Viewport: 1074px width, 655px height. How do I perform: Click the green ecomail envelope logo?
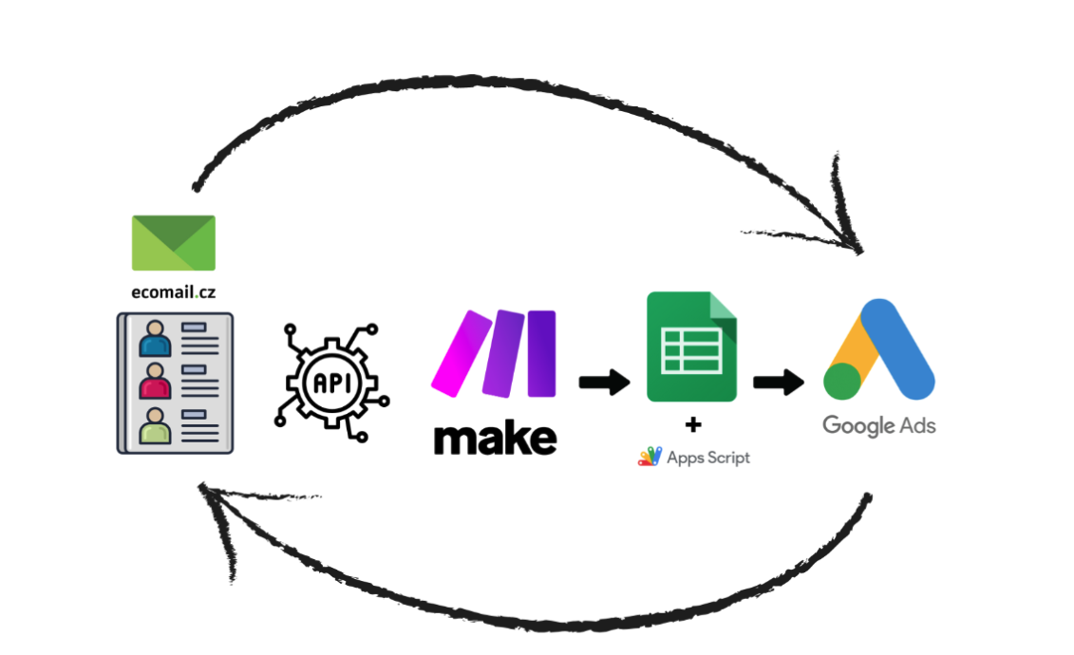(173, 242)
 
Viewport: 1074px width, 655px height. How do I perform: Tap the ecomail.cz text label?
(173, 292)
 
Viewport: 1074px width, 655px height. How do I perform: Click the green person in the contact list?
(154, 425)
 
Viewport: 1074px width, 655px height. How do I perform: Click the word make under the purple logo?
(495, 438)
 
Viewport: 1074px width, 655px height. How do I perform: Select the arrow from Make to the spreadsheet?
(604, 383)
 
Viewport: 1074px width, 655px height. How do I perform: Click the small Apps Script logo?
(650, 458)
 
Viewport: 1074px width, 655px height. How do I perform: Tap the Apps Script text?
(707, 458)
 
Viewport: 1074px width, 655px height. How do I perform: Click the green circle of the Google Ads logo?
(841, 381)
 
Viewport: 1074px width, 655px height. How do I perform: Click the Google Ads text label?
(878, 425)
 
